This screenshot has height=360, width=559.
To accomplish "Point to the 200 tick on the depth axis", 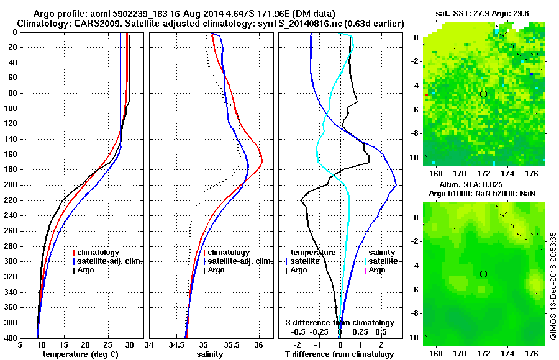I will (x=12, y=185).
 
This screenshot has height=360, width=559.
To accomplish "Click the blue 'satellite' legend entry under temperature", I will (x=305, y=261).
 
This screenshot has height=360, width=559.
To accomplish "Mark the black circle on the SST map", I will (x=483, y=94).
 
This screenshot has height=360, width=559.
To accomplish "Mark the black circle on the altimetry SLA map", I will (x=483, y=274).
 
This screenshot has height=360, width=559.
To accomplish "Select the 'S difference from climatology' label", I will (x=340, y=323).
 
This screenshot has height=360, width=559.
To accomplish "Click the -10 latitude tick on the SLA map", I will (x=415, y=338).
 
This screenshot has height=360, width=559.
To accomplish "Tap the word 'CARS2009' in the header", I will (x=89, y=24).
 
